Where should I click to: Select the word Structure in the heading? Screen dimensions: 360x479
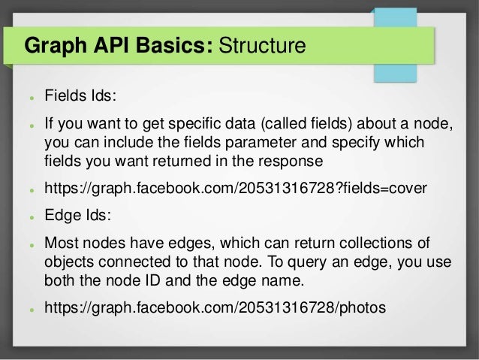262,47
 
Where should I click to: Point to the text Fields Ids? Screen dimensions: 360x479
81,97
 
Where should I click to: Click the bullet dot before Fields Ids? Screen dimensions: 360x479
27,98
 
